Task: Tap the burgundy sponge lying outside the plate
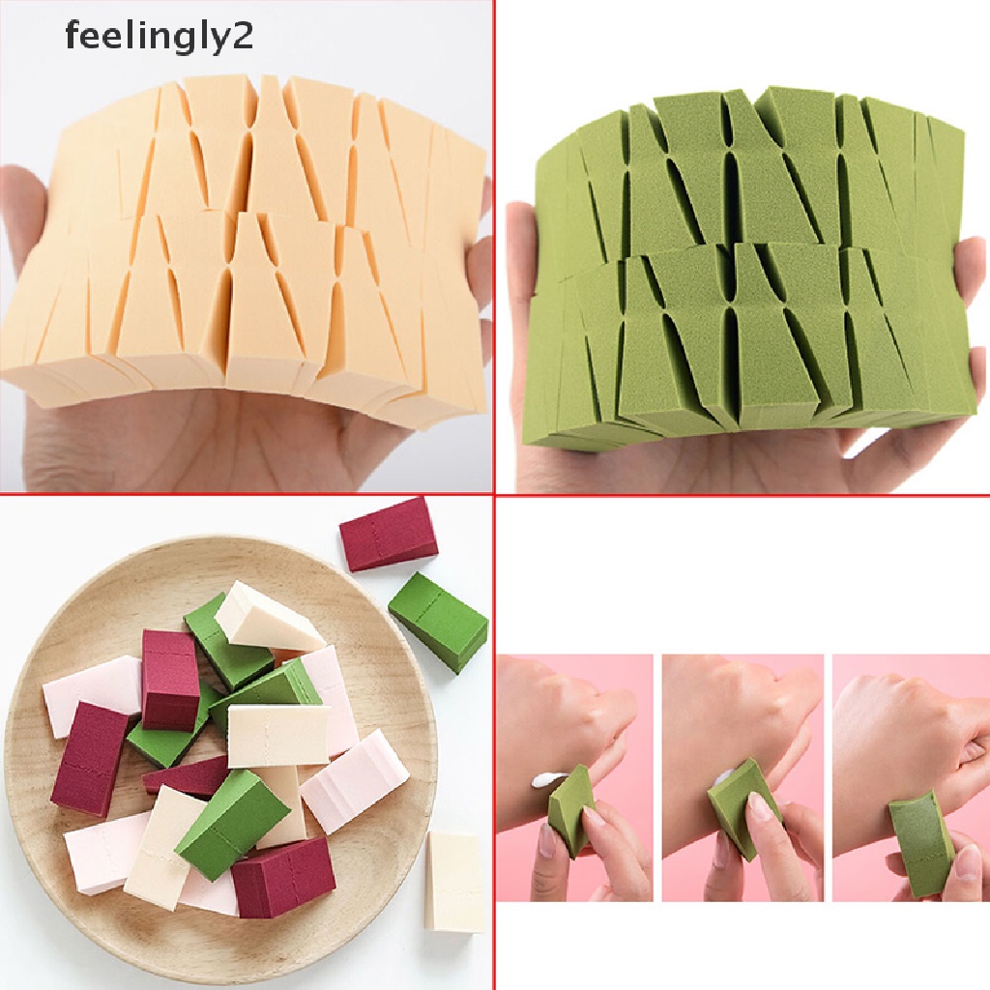click(x=388, y=533)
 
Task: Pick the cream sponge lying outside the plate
click(x=454, y=881)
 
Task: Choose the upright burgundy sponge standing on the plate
click(x=170, y=677)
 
